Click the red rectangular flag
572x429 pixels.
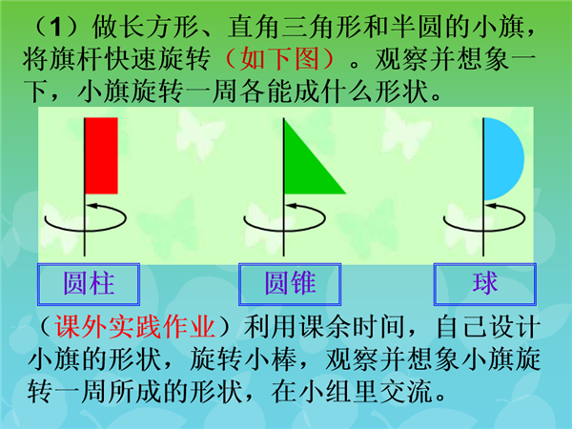click(101, 155)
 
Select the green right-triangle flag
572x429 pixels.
click(305, 168)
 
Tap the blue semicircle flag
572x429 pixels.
click(503, 159)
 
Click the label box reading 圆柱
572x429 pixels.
click(89, 284)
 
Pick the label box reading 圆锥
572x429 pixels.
click(290, 284)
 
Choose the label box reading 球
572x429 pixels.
click(485, 284)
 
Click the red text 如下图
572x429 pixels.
click(279, 59)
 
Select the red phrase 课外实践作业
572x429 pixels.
click(134, 326)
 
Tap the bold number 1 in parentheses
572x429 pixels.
click(55, 27)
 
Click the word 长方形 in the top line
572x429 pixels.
click(158, 27)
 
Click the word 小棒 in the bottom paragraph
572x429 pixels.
click(271, 359)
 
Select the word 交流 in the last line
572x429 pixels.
click(406, 392)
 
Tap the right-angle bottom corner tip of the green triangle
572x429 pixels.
click(284, 194)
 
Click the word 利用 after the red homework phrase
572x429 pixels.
click(271, 326)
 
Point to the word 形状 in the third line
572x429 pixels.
click(401, 92)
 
